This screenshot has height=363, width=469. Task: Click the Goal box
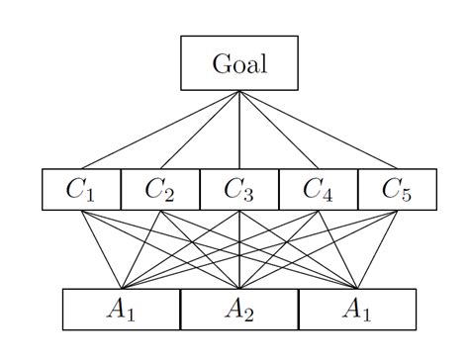pyautogui.click(x=238, y=63)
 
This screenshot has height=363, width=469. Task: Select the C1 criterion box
pyautogui.click(x=81, y=189)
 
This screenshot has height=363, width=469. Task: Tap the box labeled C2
pyautogui.click(x=160, y=189)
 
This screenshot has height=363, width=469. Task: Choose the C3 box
pyautogui.click(x=239, y=189)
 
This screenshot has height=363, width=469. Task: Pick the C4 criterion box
pyautogui.click(x=318, y=189)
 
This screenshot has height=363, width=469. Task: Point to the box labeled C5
pyautogui.click(x=396, y=189)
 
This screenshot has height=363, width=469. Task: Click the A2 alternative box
pyautogui.click(x=239, y=310)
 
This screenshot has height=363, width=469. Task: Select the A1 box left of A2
pyautogui.click(x=121, y=310)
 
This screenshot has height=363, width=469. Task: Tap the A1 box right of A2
pyautogui.click(x=357, y=310)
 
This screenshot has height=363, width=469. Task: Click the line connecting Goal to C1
pyautogui.click(x=160, y=130)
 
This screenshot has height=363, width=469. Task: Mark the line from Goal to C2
pyautogui.click(x=200, y=130)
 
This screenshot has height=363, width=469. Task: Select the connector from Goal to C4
pyautogui.click(x=279, y=130)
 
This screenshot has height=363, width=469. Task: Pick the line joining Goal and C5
pyautogui.click(x=318, y=130)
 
